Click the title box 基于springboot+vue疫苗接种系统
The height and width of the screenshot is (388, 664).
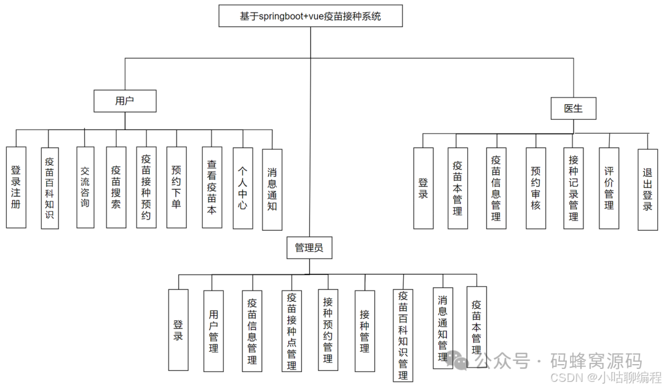point(310,17)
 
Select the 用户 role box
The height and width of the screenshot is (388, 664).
point(125,101)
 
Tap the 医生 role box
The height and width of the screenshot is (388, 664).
point(573,109)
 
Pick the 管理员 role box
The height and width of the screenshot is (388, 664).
point(309,248)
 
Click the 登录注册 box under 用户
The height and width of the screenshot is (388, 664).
point(16,187)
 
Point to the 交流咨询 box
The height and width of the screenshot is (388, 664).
point(85,187)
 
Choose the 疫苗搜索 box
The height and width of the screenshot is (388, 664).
point(116,187)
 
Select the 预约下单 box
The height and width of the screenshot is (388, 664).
point(176,187)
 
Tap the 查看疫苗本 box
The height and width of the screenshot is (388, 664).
point(212,187)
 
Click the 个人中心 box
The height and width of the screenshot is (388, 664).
point(243,187)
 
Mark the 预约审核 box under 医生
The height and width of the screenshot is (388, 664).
point(536,188)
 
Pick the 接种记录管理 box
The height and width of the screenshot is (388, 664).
point(573,188)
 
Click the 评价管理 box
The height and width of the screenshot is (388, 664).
point(609,188)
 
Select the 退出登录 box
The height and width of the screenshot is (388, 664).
point(647,190)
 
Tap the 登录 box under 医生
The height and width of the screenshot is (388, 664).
point(423,188)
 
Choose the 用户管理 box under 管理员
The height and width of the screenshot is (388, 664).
point(213,331)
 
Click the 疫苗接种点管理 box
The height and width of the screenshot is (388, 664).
point(291,331)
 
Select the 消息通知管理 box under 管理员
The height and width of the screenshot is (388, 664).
point(443,328)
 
